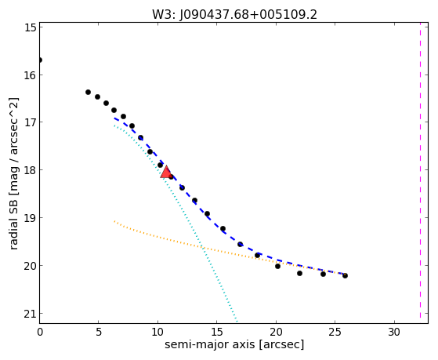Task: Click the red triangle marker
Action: [166, 172]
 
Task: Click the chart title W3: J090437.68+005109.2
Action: [234, 14]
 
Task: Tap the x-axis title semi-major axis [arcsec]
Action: [234, 344]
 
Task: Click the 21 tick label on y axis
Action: [30, 314]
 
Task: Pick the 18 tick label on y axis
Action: [30, 170]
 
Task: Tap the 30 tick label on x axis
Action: [394, 333]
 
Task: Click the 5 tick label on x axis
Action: [99, 333]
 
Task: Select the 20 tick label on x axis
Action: [276, 333]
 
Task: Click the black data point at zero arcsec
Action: [40, 60]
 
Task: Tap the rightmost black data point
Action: [345, 275]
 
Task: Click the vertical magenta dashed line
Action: [420, 173]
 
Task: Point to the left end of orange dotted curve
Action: [114, 221]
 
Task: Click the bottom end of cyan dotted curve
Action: [237, 321]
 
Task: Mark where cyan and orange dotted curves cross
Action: [203, 248]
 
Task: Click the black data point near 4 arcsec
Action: [88, 92]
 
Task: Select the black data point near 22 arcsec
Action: [299, 273]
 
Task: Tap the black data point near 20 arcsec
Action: [277, 267]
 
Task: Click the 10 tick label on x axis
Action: [157, 333]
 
